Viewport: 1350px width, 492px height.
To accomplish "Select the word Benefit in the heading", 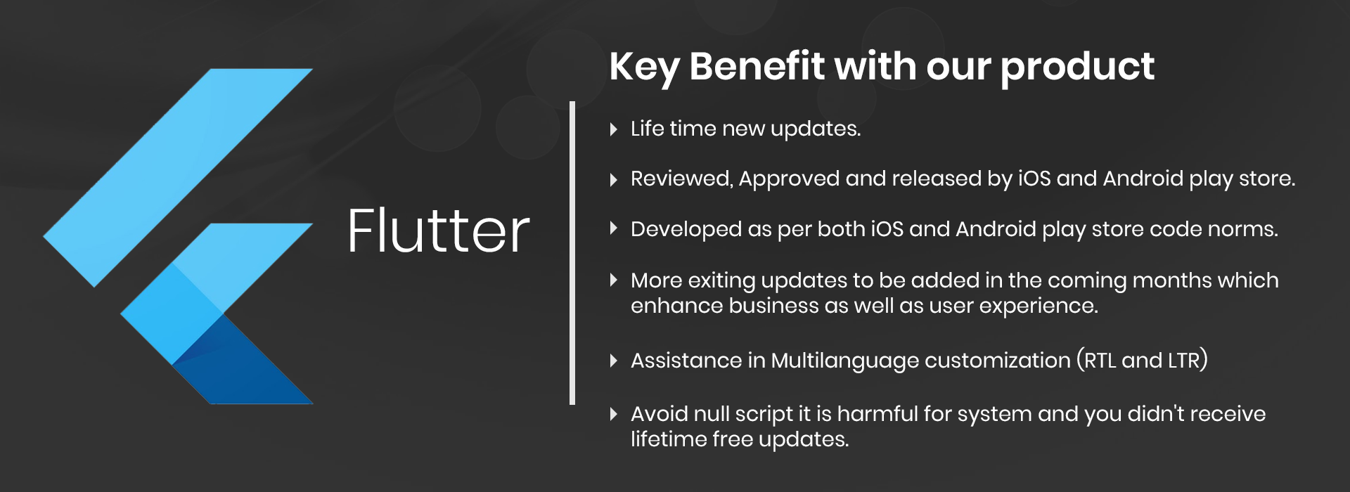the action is [757, 66].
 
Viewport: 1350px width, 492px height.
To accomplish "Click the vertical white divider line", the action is [572, 253].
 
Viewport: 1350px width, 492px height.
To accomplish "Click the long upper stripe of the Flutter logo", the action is [178, 177].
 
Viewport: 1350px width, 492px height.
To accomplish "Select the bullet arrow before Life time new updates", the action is [614, 129].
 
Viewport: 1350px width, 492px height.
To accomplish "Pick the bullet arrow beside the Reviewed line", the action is [614, 179].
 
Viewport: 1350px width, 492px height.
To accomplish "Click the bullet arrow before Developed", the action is [614, 228].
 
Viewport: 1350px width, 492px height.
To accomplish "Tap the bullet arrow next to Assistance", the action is [614, 361].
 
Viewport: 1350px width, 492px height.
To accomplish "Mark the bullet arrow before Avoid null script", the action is [614, 413].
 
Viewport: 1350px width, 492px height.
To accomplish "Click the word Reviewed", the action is [682, 179].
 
